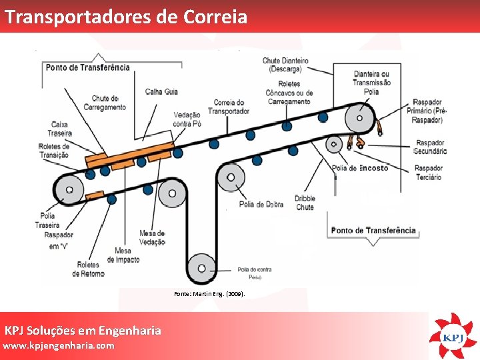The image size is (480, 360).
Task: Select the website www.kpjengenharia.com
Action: point(59,345)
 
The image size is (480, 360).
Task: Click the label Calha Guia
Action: point(161,91)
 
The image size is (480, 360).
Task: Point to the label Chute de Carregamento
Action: point(109,103)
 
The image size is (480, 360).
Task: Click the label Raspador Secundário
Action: point(430,147)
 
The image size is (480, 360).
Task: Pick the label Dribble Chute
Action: point(305,203)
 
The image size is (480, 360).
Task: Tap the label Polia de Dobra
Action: point(261,204)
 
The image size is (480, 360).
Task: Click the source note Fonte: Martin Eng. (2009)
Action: point(209,293)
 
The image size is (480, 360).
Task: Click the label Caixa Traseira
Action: point(61,129)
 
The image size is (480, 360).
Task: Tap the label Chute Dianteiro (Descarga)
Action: point(285,65)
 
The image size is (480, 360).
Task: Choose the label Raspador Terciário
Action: point(428,173)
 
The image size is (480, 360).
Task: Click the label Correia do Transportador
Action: point(228,107)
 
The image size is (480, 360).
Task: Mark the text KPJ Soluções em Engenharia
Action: point(83,330)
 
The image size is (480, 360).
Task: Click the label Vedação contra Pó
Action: point(187,119)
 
